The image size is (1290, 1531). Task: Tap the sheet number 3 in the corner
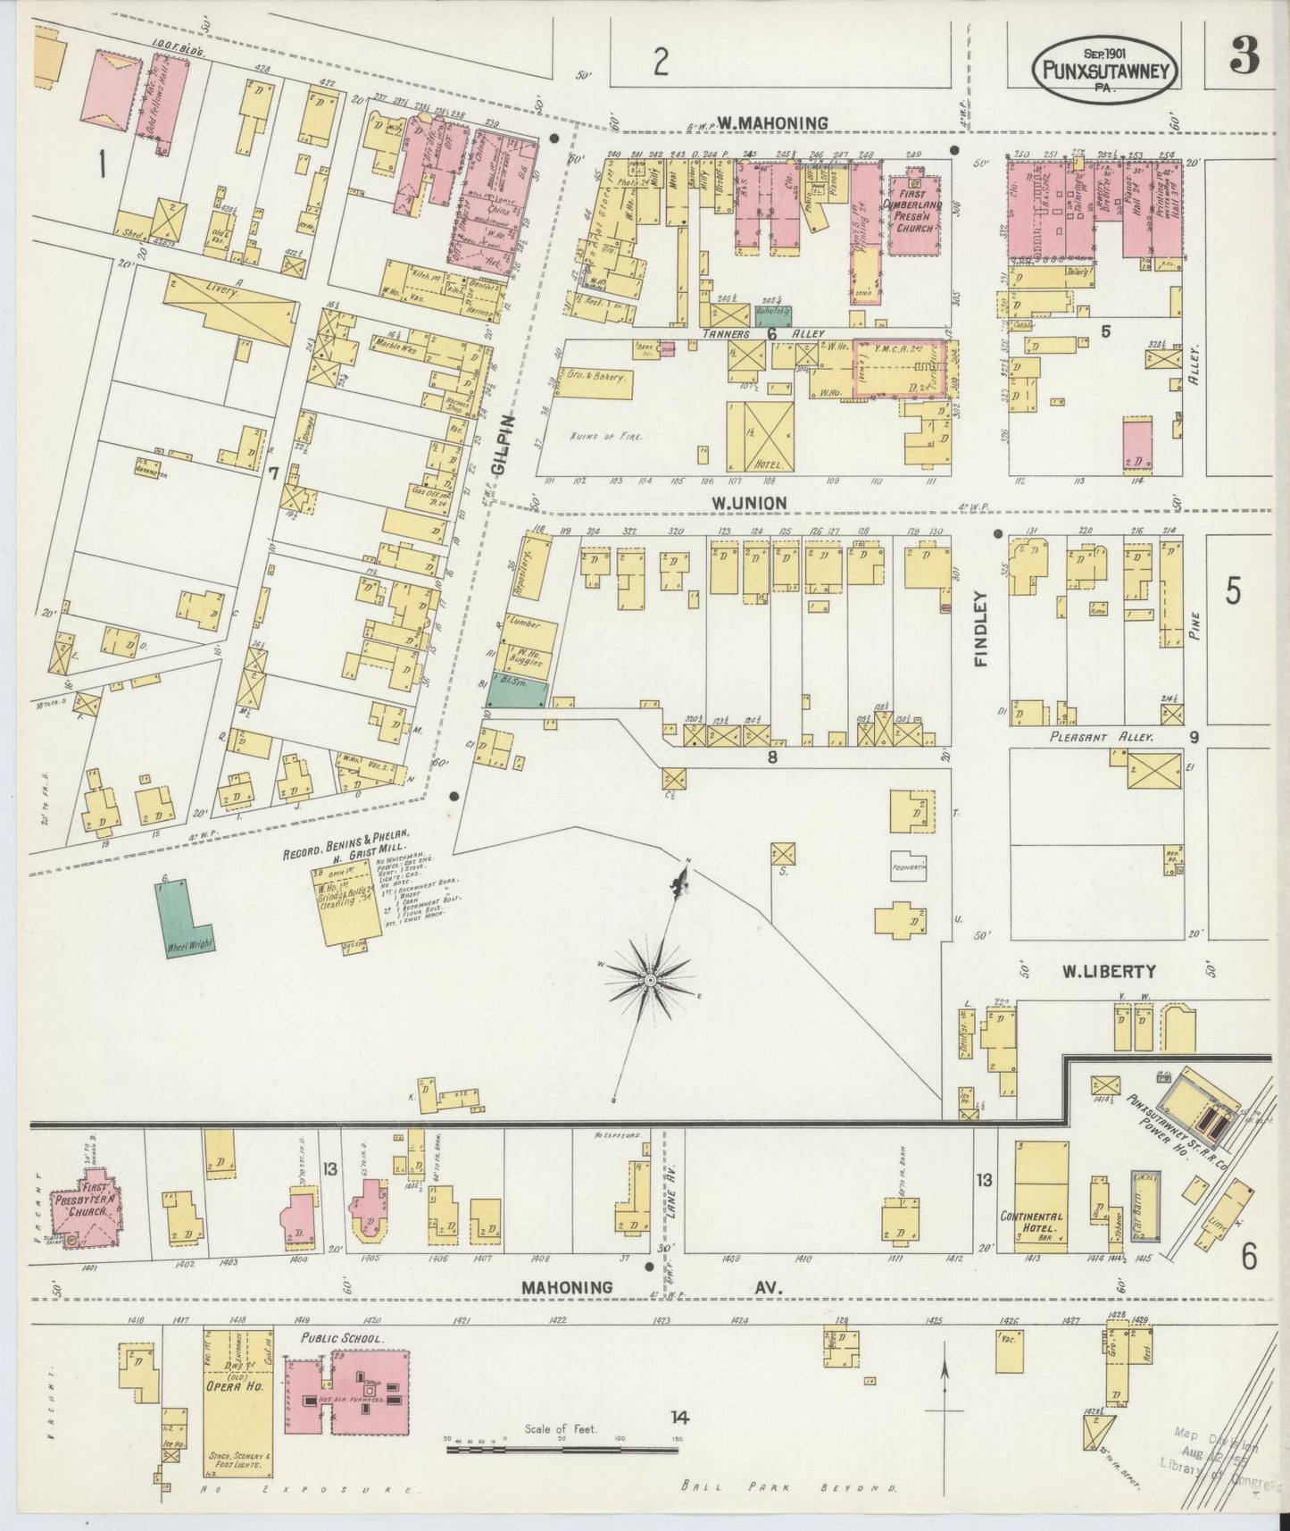[1243, 56]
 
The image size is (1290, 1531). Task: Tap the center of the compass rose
[651, 980]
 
